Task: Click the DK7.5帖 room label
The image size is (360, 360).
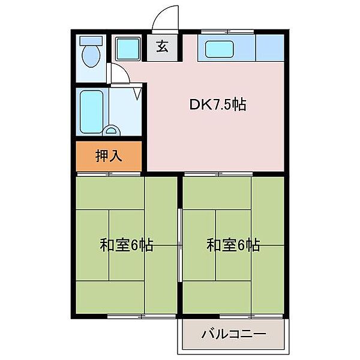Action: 218,105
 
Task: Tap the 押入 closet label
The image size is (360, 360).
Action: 109,156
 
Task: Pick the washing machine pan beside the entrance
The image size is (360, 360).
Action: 127,48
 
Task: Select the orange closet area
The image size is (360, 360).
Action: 109,156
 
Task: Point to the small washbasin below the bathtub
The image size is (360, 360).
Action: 111,130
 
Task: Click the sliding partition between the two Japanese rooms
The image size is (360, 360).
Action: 179,245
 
